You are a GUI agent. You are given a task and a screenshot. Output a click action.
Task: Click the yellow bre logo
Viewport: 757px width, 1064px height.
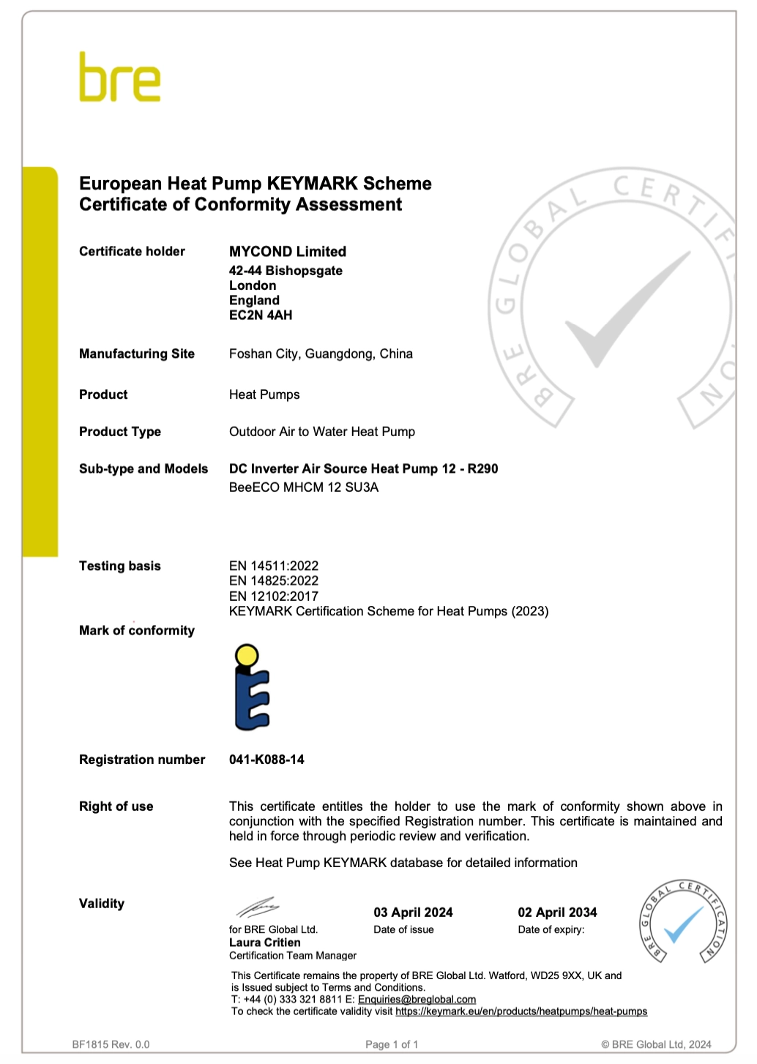[119, 78]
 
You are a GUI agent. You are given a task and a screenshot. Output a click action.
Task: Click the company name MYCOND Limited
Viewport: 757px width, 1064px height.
[288, 252]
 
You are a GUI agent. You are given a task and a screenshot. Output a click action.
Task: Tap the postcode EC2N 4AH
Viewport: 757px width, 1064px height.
[261, 315]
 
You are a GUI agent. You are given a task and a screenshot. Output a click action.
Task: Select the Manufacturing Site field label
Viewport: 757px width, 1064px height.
[137, 354]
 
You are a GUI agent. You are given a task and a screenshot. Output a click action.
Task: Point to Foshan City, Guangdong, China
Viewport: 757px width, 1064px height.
[321, 354]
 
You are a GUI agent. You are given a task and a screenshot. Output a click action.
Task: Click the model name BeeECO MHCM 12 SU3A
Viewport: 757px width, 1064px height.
[304, 487]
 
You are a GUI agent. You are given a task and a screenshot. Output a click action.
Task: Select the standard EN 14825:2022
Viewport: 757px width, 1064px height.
[274, 581]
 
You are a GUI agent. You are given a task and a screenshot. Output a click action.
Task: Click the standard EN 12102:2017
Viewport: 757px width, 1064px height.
[274, 596]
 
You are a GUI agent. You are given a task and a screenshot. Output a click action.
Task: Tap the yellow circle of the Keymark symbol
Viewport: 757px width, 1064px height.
[247, 655]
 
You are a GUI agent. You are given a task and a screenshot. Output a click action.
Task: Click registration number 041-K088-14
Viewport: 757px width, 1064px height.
[266, 760]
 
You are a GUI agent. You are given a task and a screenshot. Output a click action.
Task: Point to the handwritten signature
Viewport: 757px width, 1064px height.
[257, 907]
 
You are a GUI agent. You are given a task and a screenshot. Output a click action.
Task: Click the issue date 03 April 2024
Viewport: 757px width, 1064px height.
[413, 913]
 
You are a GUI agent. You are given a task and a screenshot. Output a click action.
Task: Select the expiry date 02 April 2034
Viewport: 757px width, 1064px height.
[557, 913]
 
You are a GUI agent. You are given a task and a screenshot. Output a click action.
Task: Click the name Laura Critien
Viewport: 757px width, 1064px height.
[265, 943]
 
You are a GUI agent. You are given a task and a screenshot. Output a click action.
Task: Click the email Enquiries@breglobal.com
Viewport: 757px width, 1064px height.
[417, 1000]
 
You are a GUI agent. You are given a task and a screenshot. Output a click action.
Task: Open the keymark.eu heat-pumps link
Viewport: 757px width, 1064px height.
[521, 1011]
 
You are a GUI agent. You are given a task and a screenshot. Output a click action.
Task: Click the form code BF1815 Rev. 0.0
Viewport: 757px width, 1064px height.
[111, 1044]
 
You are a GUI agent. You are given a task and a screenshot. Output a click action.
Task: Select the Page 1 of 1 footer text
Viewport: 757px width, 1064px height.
[392, 1044]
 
